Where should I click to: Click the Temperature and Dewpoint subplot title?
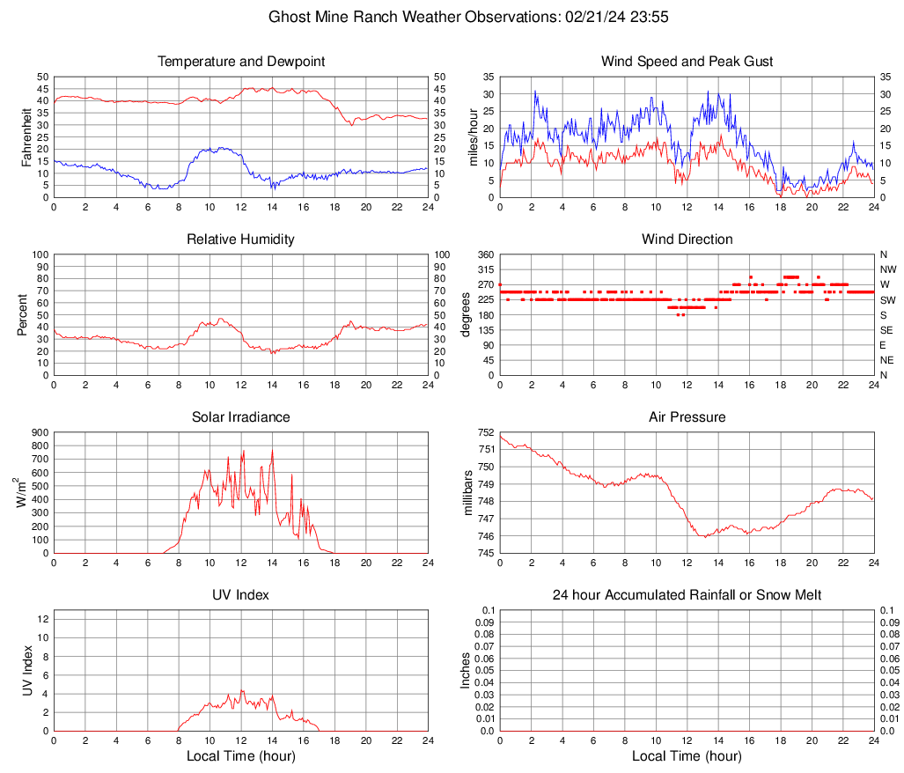(241, 62)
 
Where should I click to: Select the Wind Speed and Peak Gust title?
(687, 62)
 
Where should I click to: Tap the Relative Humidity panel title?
(241, 239)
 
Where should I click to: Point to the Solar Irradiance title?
(241, 417)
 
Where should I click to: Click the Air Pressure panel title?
(687, 417)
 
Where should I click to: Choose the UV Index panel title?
(241, 595)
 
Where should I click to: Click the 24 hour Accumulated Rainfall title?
(687, 595)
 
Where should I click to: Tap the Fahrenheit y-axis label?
(25, 136)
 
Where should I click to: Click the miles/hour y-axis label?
(473, 136)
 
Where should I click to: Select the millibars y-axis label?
(468, 493)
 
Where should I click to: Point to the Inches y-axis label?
(467, 670)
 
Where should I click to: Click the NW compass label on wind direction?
(887, 269)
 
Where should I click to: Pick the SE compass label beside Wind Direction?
(886, 330)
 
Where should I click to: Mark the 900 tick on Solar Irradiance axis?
(40, 432)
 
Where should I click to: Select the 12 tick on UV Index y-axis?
(42, 619)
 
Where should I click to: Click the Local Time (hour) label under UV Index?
(241, 755)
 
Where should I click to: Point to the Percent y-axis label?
(23, 314)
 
